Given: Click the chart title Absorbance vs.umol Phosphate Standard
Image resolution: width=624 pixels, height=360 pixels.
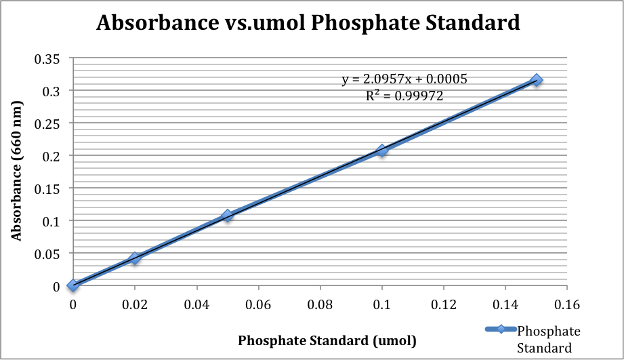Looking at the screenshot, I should pos(308,23).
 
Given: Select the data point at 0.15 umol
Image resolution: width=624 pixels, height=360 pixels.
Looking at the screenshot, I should pos(537,80).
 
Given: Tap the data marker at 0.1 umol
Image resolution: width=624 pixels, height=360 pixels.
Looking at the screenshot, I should pos(382,151).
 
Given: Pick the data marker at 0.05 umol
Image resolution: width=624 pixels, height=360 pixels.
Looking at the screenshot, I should pos(228,216).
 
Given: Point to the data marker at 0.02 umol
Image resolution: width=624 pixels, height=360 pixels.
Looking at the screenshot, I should pos(135,258).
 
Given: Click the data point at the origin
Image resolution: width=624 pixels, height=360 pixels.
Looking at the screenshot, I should pos(73,285).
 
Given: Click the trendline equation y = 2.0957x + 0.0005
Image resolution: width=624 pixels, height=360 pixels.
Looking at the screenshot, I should pos(404,79).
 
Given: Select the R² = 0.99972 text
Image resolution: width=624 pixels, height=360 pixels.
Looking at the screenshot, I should pos(404,96).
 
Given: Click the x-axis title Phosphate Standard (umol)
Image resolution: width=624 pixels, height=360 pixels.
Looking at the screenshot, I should pos(327,340).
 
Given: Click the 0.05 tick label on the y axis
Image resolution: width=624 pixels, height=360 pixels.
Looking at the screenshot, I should pos(47,254).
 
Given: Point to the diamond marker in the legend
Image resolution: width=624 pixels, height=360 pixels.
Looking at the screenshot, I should pos(501,330).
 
